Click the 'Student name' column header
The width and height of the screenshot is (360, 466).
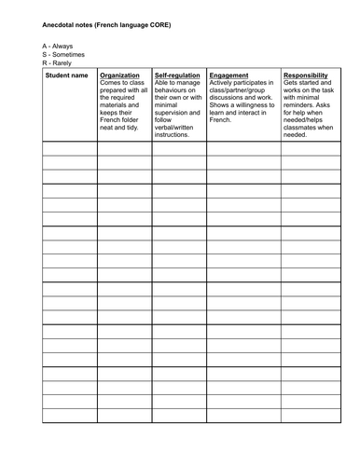point(67,75)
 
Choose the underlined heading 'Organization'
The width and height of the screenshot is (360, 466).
point(119,75)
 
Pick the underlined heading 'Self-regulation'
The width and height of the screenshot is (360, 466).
point(177,75)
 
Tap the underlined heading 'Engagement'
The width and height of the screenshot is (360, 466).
point(229,75)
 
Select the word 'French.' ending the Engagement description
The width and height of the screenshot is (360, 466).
point(222,119)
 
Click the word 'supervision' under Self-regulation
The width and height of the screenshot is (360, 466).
point(173,111)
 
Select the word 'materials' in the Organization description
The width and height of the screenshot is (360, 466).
point(117,103)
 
